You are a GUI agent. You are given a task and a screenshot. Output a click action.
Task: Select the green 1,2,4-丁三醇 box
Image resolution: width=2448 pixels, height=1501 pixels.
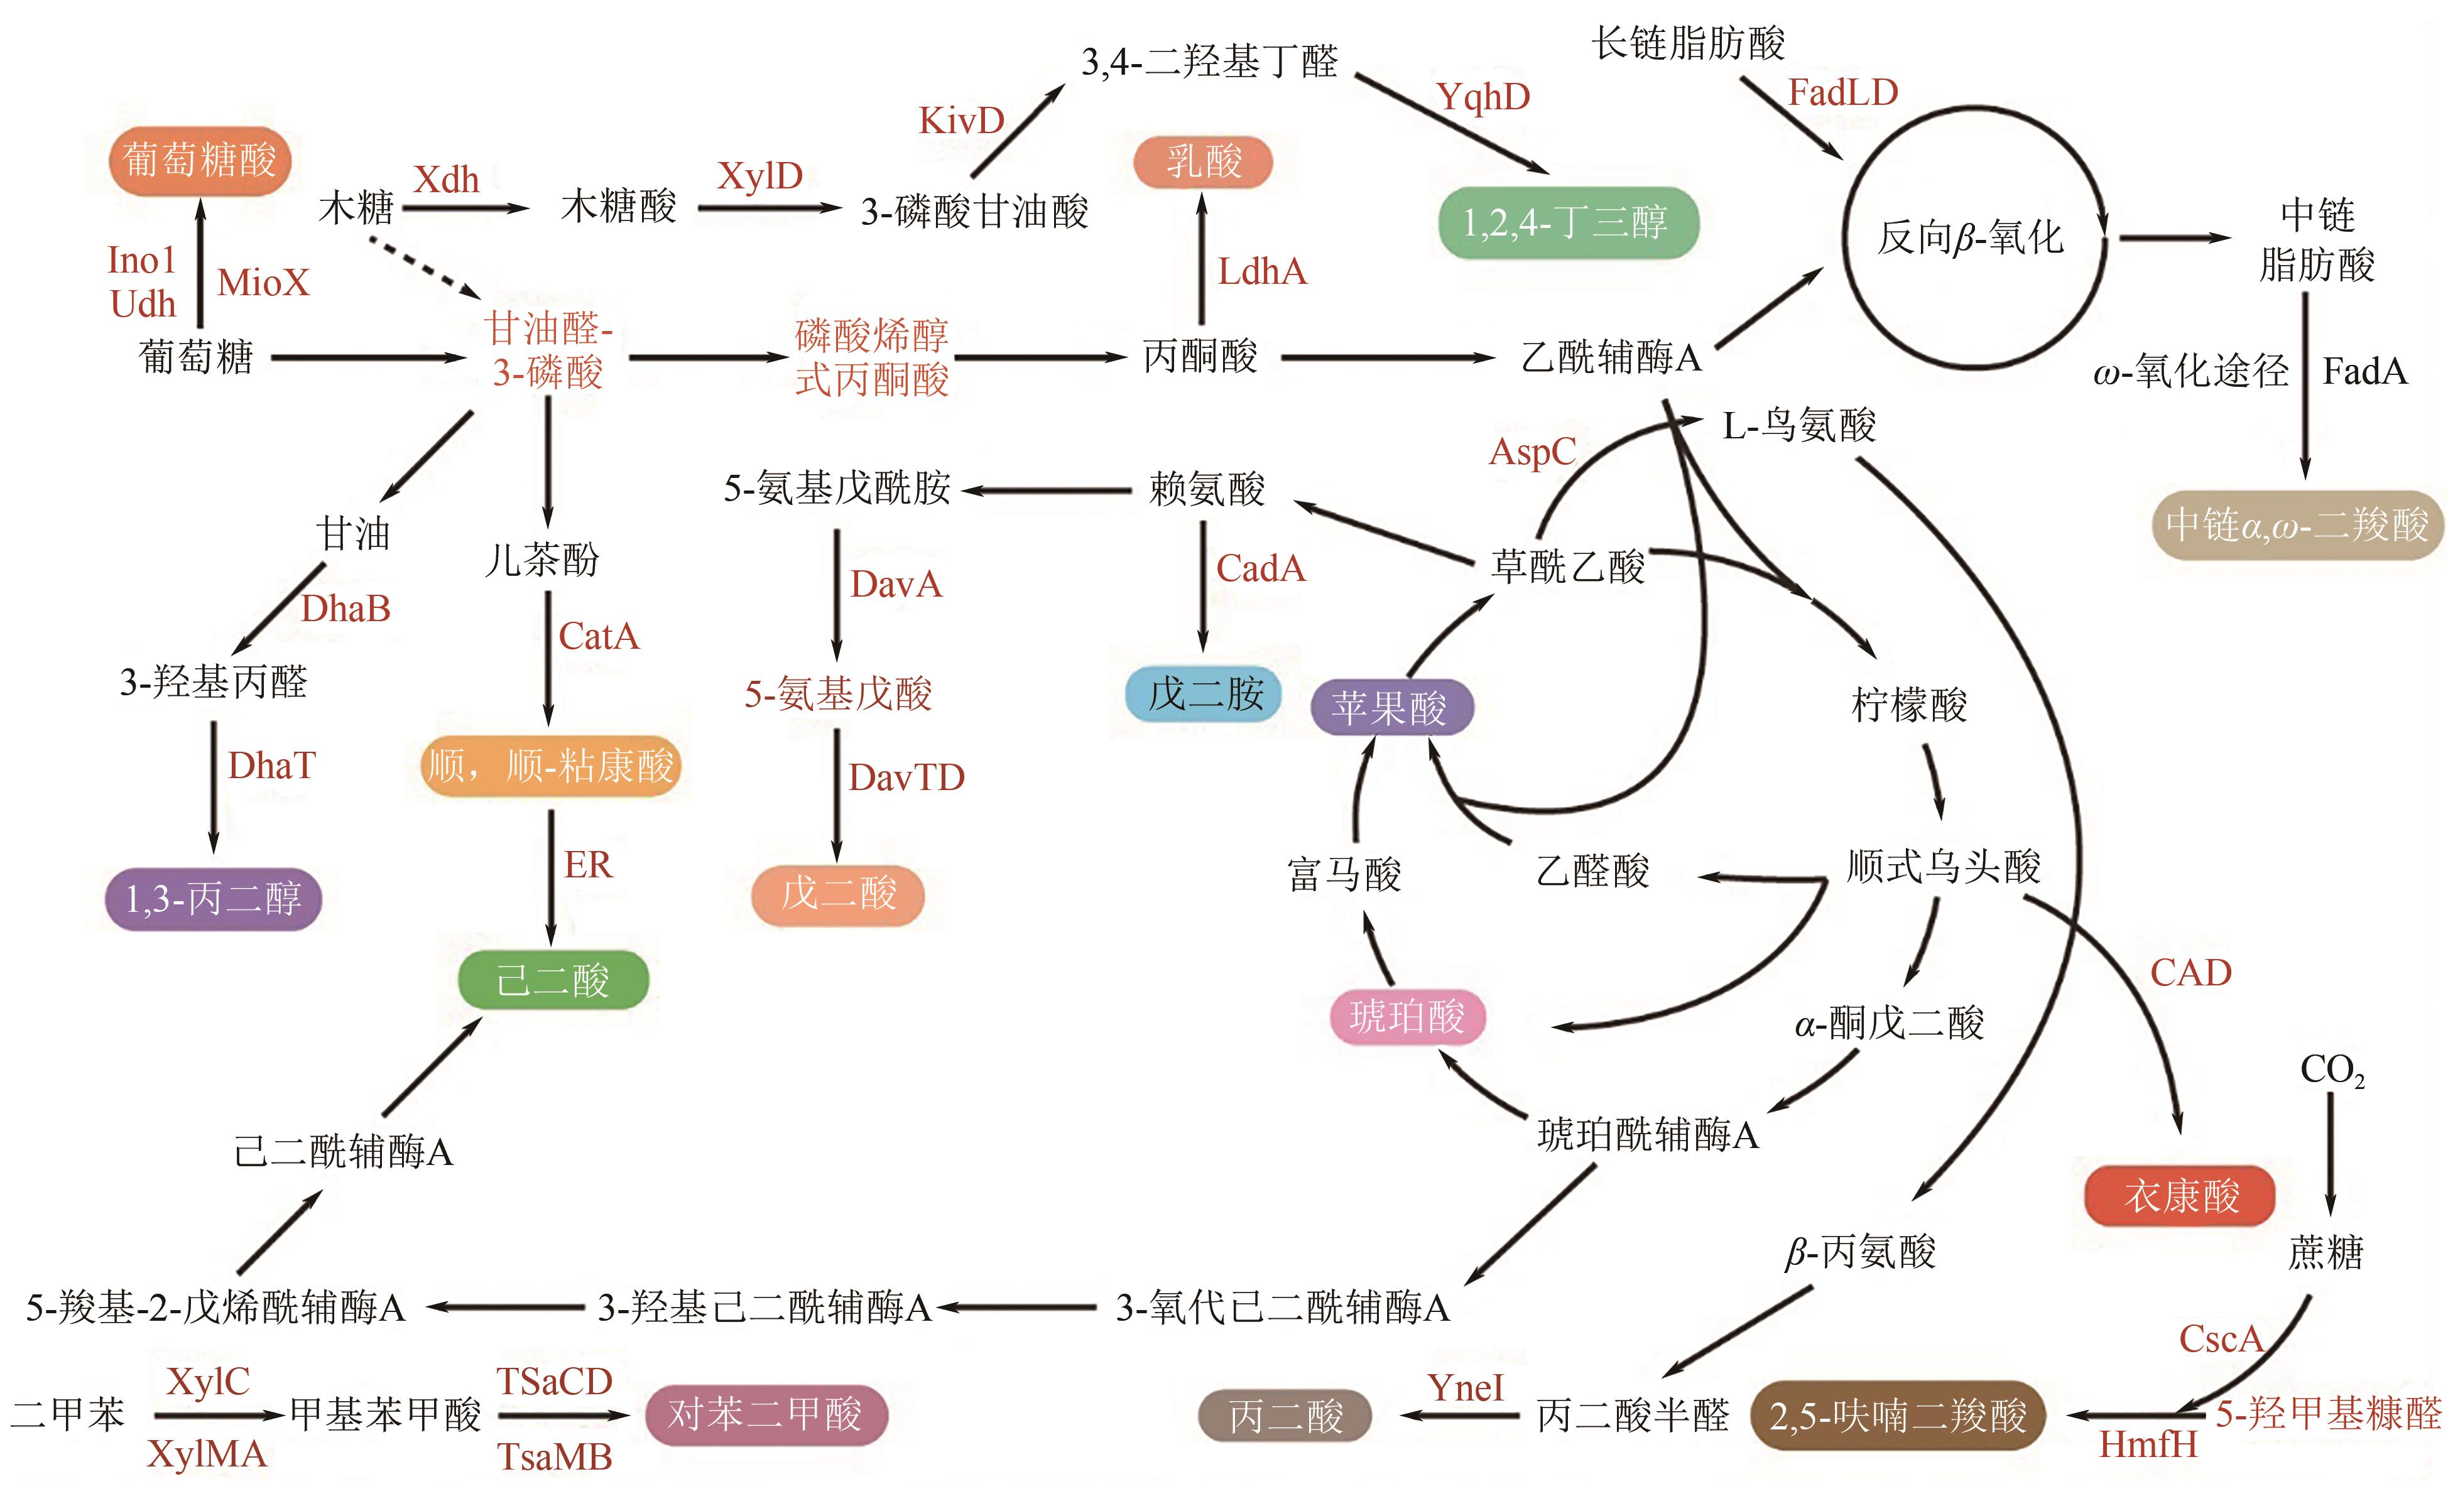[x=1568, y=222]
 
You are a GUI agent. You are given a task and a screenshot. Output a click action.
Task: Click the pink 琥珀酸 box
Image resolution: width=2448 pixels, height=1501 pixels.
[x=1407, y=1016]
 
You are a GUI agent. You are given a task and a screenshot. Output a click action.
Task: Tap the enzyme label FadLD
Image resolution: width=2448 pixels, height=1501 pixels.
[x=1843, y=92]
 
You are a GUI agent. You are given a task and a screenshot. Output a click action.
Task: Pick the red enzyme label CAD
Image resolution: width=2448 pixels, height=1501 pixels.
[x=2190, y=973]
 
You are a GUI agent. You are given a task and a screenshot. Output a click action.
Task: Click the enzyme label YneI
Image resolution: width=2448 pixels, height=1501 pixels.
[x=1466, y=1388]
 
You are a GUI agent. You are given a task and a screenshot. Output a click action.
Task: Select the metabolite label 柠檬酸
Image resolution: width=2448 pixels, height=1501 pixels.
[x=1908, y=705]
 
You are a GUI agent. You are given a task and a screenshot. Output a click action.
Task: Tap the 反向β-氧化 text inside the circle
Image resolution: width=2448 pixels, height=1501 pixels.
[x=1970, y=239]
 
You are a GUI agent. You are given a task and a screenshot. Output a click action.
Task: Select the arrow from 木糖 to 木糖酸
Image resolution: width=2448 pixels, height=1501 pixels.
[x=465, y=209]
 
